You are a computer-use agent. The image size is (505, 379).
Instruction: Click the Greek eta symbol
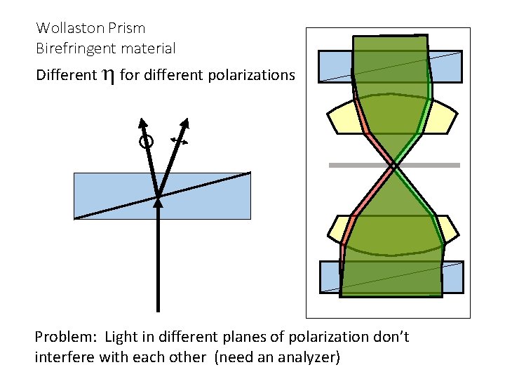pos(108,75)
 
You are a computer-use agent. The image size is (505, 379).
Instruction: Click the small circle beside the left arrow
pos(146,142)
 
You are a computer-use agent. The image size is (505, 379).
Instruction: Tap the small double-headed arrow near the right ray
pos(180,141)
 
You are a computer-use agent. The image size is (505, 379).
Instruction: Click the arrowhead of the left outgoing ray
pos(142,122)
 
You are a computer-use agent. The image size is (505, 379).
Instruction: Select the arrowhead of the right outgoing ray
pos(186,124)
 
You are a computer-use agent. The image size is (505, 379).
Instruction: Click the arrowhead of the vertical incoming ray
pos(158,203)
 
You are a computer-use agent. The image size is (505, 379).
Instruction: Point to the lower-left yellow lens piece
pos(341,228)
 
